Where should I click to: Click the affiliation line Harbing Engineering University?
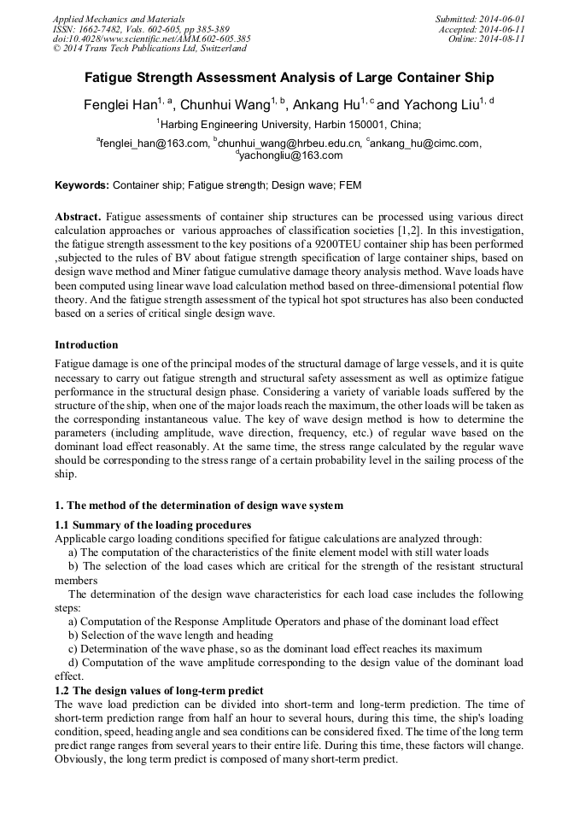[x=289, y=124]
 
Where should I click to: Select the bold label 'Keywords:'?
[x=82, y=184]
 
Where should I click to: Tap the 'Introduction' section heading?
[x=86, y=345]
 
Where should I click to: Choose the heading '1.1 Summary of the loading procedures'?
[x=153, y=524]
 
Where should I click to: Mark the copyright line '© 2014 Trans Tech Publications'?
[x=149, y=49]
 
